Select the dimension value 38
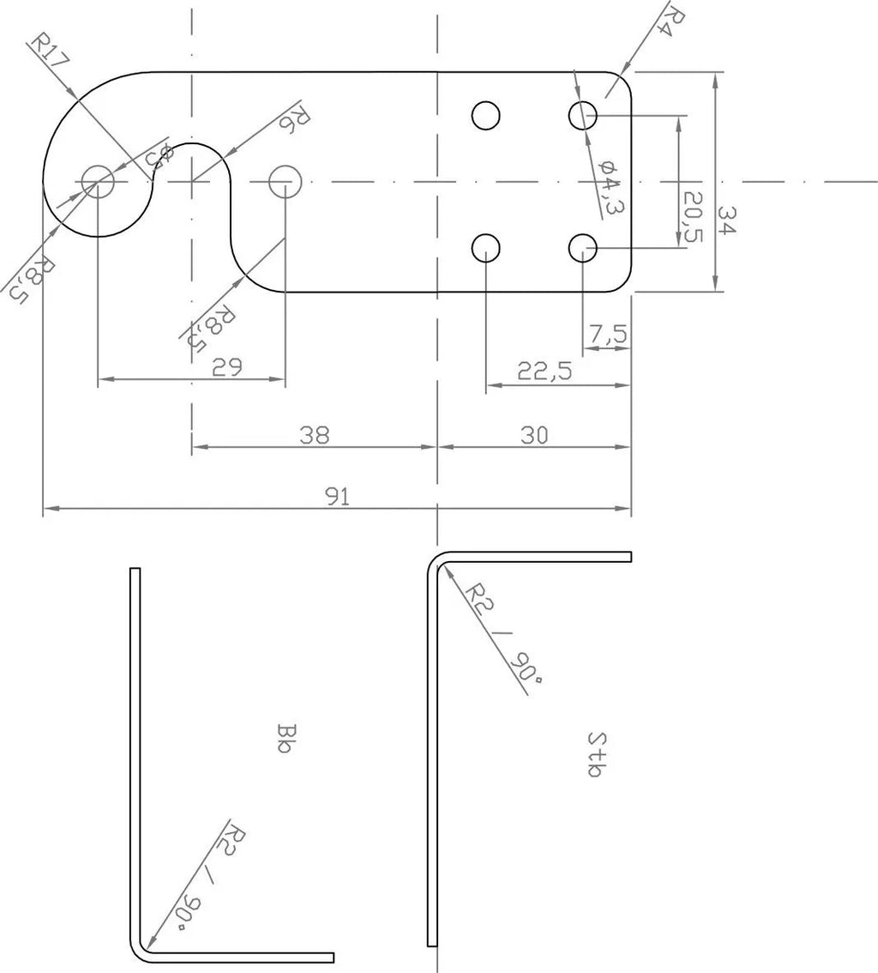pos(315,435)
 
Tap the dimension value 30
pos(533,435)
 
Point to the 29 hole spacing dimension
pos(227,366)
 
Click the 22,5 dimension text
pos(544,372)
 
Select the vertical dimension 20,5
pos(693,216)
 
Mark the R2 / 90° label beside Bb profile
pos(209,881)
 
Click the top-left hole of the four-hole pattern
pos(486,115)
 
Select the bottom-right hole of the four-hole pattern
pos(583,248)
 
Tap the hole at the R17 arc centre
pos(98,182)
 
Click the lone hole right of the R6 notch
pos(284,182)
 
